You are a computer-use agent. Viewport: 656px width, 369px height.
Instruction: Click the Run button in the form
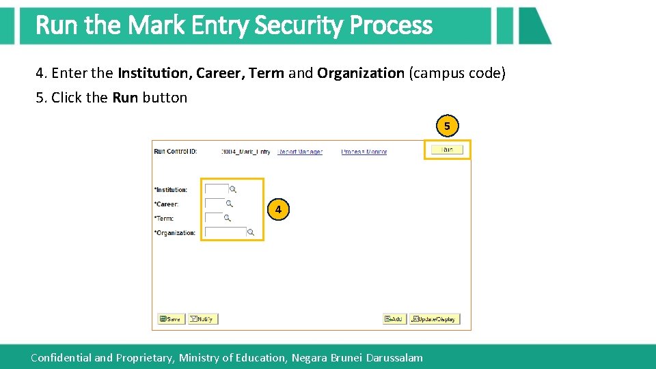(447, 149)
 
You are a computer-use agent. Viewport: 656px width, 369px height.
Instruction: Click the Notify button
(203, 318)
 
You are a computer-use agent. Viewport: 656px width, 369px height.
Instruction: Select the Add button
(394, 318)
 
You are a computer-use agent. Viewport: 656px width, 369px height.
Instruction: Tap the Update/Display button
(435, 318)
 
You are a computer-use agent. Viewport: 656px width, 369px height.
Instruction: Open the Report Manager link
(300, 152)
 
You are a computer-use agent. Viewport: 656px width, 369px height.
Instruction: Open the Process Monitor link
(364, 152)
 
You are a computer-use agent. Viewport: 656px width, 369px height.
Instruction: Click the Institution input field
(216, 189)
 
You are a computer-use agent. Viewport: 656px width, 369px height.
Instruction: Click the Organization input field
(225, 232)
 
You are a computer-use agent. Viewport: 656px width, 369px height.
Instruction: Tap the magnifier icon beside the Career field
(230, 204)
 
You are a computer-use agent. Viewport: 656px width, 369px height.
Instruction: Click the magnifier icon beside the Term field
(227, 218)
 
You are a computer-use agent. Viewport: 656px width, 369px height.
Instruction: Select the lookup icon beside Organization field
(251, 232)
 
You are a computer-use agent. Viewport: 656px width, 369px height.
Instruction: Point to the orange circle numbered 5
(447, 126)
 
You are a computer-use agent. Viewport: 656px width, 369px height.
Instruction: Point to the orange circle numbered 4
(278, 210)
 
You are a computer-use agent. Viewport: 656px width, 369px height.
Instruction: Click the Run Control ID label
(176, 152)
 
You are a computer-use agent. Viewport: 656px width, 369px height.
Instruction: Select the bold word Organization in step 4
(361, 73)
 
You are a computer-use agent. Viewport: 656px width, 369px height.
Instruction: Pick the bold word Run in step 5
(125, 98)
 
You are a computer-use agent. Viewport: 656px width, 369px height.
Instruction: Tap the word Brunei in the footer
(346, 357)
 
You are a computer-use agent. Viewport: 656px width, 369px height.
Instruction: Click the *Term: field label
(164, 219)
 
